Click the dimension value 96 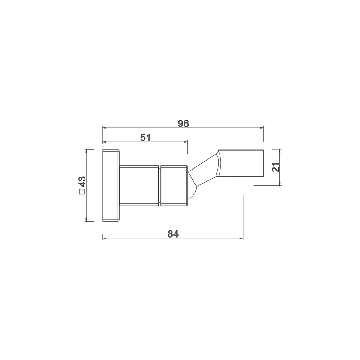pos(183,123)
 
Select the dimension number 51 pos(145,138)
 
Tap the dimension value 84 pos(173,234)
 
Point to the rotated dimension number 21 pos(275,167)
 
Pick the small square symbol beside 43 pos(82,192)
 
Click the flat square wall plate pos(111,185)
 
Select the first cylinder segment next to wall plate pos(139,185)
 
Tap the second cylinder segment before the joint pos(174,185)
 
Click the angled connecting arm pos(203,170)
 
